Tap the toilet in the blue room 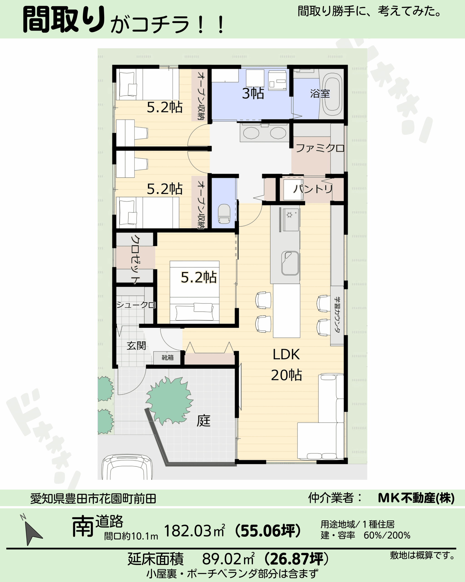coord(224,214)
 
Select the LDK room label coord(286,354)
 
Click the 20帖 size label coord(286,375)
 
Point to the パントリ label coord(313,189)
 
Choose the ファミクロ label coord(320,148)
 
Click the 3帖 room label coord(253,93)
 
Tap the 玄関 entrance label coord(136,346)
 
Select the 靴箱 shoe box coord(168,358)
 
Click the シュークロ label coord(136,305)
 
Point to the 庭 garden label coord(203,420)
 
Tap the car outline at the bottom coord(127,467)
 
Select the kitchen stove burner coord(289,215)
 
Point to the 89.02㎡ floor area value coord(228,559)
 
